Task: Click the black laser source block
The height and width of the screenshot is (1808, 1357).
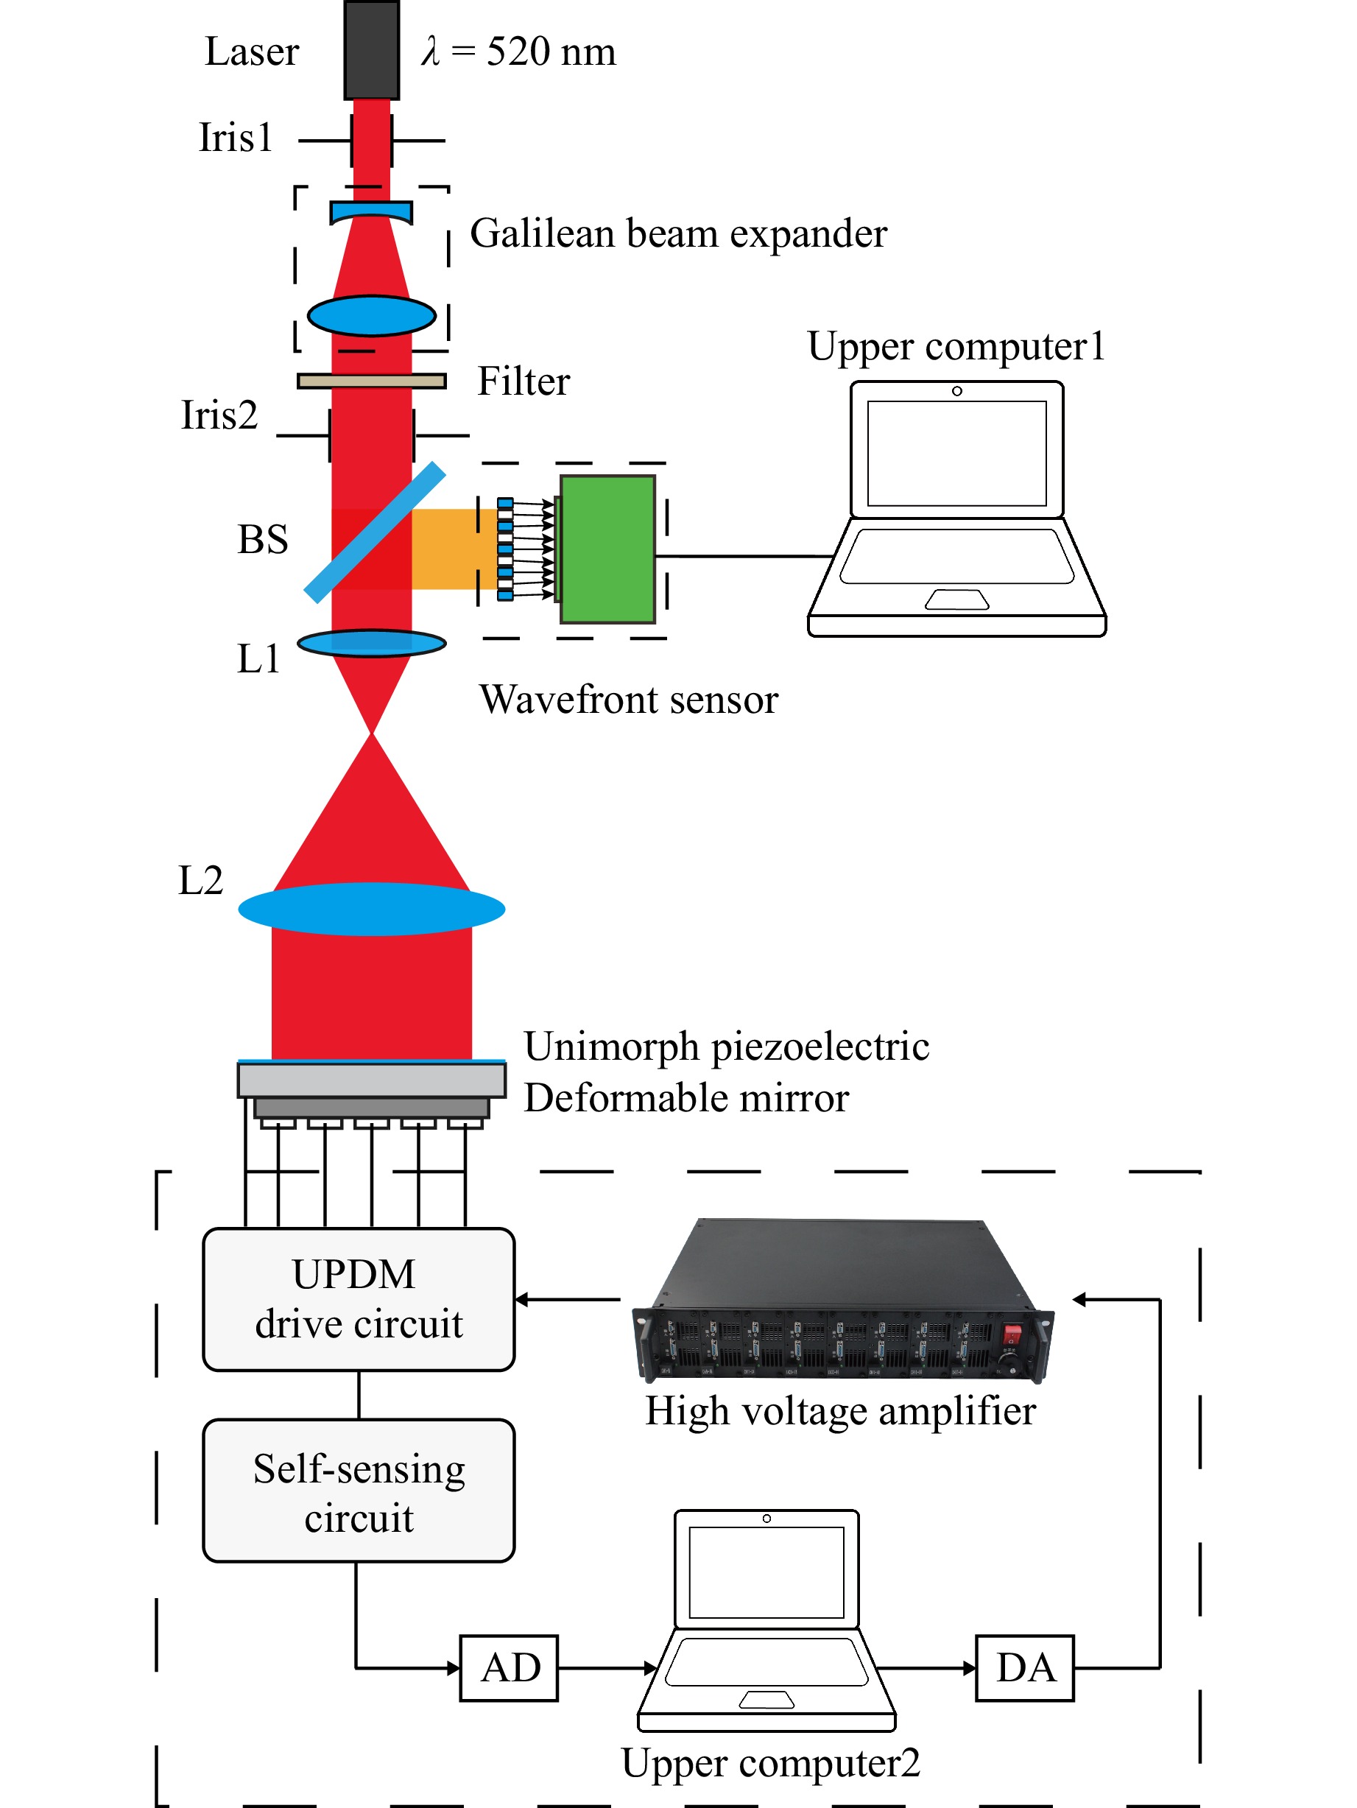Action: coord(371,50)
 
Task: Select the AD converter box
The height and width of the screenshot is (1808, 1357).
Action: coord(509,1667)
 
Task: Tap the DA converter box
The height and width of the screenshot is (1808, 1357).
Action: coord(1024,1667)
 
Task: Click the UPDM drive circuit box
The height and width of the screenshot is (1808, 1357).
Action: coord(359,1299)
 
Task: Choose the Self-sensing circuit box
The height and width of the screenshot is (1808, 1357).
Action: coord(359,1490)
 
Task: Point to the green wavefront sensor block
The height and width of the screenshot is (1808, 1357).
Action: coord(607,549)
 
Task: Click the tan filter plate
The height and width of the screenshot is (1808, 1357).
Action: coord(372,381)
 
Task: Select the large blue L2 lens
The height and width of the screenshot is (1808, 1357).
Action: coord(372,908)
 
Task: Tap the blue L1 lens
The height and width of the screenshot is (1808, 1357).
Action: coord(372,643)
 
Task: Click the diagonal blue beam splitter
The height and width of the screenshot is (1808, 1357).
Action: coord(375,532)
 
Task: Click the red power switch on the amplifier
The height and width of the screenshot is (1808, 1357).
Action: coord(1012,1336)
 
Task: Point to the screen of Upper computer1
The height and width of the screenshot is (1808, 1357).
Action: coord(956,454)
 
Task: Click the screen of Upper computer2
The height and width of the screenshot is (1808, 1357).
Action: coord(766,1572)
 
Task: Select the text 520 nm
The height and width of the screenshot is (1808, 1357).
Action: coord(551,52)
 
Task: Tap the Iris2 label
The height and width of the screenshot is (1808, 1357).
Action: coord(219,415)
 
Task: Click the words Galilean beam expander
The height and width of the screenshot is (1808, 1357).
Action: coord(678,233)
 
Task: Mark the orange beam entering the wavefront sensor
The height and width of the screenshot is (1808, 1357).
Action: coord(454,549)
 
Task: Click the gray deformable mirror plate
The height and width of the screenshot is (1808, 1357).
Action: coord(372,1080)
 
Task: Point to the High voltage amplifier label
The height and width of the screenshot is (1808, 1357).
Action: coord(841,1412)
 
